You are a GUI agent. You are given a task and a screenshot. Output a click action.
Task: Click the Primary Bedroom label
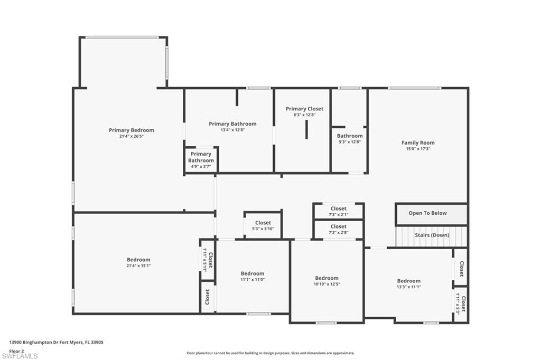[132, 130]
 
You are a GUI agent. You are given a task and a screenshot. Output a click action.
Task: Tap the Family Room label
[418, 143]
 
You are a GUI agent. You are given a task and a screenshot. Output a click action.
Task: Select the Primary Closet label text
[304, 109]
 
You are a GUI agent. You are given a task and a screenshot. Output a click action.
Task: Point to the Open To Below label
[427, 213]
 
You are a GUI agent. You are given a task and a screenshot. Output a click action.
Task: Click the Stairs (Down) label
[432, 235]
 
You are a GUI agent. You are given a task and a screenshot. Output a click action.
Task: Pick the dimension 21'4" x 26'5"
[132, 136]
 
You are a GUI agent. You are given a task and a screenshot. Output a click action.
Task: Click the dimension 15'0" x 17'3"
[418, 149]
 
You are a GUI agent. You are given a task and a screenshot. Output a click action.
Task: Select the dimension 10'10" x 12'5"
[327, 284]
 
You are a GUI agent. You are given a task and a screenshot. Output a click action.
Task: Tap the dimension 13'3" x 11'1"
[408, 287]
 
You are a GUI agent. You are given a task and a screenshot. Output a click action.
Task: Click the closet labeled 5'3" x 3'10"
[263, 226]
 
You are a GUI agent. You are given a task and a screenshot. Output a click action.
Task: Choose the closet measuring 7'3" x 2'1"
[338, 212]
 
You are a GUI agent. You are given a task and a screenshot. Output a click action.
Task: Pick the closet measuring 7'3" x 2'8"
[338, 230]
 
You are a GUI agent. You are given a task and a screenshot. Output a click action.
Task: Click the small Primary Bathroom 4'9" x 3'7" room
[201, 160]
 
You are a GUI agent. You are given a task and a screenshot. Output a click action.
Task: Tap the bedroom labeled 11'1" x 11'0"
[253, 277]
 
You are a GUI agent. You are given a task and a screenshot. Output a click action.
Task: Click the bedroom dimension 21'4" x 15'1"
[138, 266]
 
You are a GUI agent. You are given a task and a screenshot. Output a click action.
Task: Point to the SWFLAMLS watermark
[20, 356]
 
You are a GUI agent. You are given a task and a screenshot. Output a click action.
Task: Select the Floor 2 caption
[16, 350]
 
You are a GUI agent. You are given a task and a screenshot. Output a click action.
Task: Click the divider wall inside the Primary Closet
[306, 130]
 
